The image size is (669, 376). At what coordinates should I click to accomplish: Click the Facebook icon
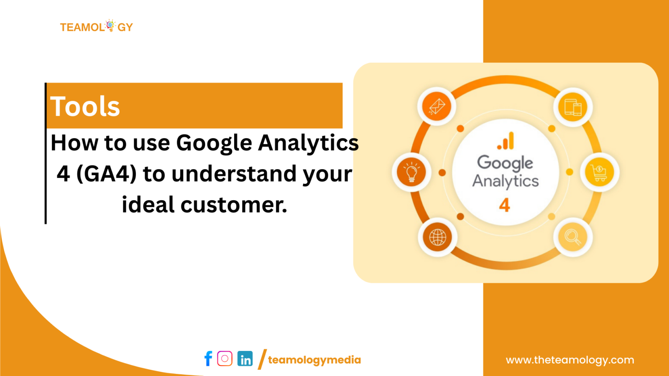click(x=208, y=358)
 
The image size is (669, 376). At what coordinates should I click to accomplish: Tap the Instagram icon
click(x=225, y=358)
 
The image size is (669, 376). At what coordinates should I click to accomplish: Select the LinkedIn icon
click(x=245, y=358)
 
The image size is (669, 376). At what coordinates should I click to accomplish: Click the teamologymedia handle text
click(x=314, y=360)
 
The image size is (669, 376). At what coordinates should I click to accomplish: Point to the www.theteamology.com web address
click(x=570, y=360)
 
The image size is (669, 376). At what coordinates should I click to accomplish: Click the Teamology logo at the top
click(x=96, y=27)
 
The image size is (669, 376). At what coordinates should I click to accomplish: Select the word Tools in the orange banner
click(x=85, y=106)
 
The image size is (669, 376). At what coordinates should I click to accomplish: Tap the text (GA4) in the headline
click(x=107, y=174)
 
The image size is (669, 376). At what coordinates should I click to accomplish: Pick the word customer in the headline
click(x=234, y=205)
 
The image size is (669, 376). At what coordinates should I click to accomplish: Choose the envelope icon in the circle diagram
click(x=437, y=107)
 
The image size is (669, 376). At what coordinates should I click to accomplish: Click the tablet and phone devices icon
click(x=573, y=107)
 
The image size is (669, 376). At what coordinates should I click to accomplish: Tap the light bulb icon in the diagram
click(x=411, y=172)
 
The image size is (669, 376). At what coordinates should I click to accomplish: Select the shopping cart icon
click(x=599, y=172)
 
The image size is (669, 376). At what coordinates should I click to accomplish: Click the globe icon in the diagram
click(x=437, y=237)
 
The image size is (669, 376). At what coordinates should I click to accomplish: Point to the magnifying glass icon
click(x=573, y=237)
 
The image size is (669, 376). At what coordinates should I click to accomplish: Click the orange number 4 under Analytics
click(x=505, y=205)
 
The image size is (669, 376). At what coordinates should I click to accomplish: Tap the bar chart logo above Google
click(x=506, y=141)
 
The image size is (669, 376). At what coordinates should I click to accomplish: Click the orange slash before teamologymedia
click(x=262, y=359)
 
